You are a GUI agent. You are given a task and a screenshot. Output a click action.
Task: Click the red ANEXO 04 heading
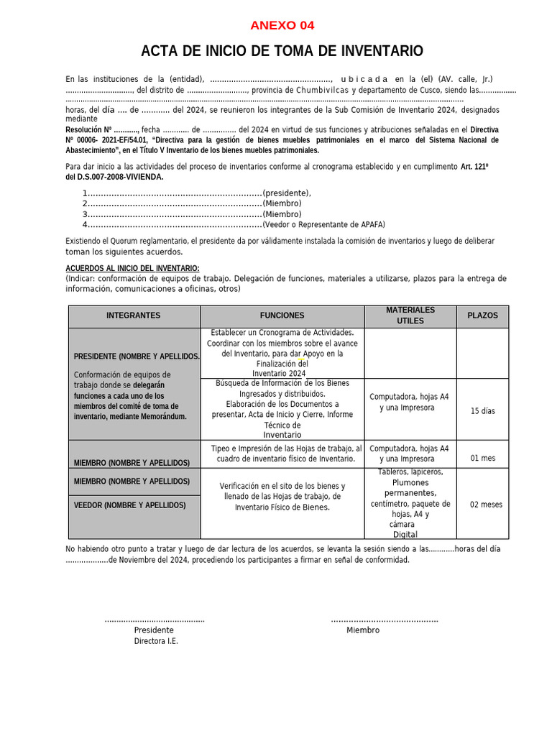[282, 26]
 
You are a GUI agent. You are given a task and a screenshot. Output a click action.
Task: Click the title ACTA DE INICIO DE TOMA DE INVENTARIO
[282, 51]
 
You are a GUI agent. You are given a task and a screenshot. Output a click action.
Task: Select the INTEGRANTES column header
[134, 316]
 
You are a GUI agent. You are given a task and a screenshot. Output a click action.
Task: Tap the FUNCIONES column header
[282, 316]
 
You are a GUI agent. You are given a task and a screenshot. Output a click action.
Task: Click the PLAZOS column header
[482, 316]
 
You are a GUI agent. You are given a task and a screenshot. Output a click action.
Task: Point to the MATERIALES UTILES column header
[410, 316]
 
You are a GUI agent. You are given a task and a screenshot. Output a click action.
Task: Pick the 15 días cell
[482, 411]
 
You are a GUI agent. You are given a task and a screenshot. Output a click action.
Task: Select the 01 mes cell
[482, 459]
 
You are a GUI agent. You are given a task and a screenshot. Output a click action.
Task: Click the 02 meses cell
[486, 505]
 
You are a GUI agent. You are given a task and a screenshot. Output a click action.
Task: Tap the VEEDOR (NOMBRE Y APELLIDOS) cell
[129, 505]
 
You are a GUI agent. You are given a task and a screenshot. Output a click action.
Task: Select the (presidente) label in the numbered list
[287, 193]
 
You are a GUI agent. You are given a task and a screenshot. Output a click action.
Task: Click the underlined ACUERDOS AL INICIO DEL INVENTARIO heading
[132, 268]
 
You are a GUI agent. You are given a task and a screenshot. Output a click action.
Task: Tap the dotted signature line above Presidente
[155, 620]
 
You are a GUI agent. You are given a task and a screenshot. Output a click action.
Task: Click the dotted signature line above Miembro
[384, 620]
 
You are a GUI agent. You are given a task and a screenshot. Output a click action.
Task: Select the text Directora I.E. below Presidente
[155, 641]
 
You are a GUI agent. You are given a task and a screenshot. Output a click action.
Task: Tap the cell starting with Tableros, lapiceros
[410, 503]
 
